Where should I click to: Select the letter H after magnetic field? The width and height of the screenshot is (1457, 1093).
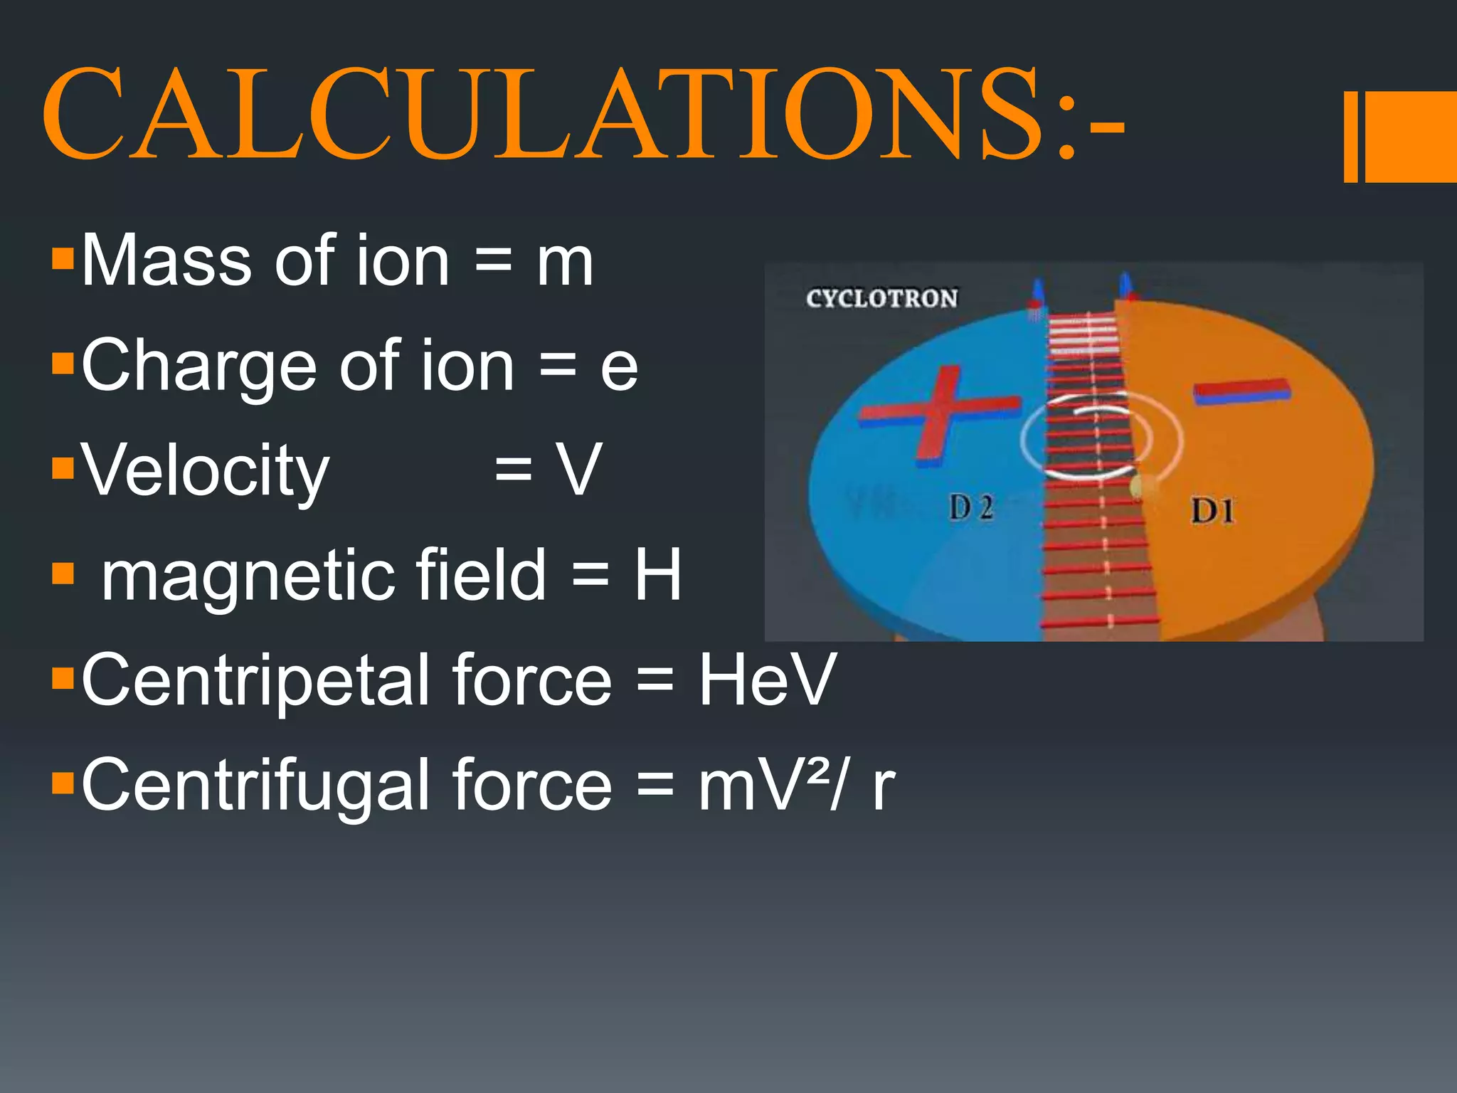[658, 575]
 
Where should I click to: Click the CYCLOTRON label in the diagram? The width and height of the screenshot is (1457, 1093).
[881, 298]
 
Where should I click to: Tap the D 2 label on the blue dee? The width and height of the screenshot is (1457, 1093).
[971, 508]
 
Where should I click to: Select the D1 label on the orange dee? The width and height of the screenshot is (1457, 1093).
[1213, 511]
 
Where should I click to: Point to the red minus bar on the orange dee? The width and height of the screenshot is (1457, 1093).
[1241, 391]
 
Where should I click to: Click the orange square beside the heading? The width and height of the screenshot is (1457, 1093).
[1409, 137]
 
